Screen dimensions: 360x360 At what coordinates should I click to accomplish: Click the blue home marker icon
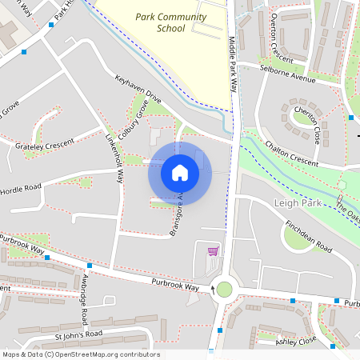179,172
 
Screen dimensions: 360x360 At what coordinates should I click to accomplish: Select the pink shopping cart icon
213,251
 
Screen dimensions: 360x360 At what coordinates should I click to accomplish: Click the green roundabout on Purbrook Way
224,290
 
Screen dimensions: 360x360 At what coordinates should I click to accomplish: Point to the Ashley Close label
296,342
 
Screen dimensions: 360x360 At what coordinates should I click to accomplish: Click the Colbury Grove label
133,121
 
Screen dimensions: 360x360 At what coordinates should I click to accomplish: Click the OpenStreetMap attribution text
81,354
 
